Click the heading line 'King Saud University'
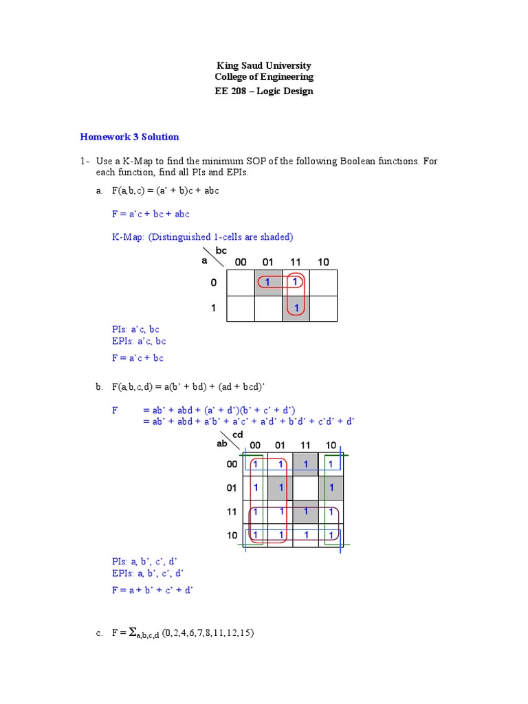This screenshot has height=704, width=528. tap(264, 66)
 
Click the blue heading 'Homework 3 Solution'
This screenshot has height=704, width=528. tap(129, 137)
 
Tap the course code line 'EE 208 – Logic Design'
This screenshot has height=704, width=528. tap(264, 91)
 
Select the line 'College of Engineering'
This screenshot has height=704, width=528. tap(264, 78)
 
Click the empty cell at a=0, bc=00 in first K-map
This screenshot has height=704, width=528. tap(240, 283)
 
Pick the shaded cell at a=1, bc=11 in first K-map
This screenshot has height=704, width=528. tap(296, 309)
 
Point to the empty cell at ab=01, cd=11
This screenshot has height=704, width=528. tap(305, 487)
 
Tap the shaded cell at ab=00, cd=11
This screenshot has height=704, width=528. tap(305, 464)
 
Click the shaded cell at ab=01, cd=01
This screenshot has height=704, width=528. tap(280, 487)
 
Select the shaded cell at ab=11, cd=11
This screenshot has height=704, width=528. tap(305, 511)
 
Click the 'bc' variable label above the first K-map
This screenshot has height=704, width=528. tap(221, 251)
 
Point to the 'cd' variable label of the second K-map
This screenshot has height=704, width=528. tap(238, 434)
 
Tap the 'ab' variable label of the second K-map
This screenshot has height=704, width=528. tap(222, 444)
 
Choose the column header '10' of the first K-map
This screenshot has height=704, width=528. tap(323, 262)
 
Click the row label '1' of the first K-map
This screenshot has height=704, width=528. tap(213, 309)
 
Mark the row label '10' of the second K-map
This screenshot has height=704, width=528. tap(232, 535)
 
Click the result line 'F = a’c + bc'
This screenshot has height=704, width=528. tap(137, 358)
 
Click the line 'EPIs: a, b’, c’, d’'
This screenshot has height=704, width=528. tap(148, 573)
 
